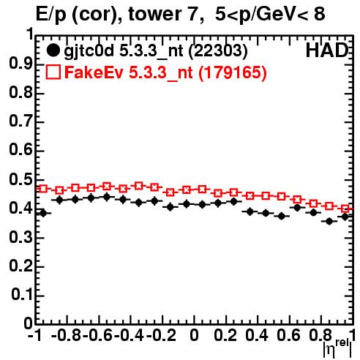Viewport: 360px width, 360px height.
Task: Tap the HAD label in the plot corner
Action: (327, 50)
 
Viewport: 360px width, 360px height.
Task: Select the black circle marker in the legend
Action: (53, 50)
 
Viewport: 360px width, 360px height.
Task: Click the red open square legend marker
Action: (53, 72)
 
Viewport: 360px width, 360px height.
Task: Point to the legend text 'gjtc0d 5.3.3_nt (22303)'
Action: (156, 51)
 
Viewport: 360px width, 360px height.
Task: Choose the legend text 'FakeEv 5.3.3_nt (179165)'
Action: (166, 72)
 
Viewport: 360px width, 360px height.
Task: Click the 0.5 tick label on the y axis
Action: (21, 180)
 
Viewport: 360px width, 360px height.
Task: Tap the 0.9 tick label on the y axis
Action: (21, 64)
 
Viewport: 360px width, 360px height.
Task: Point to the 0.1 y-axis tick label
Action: (22, 295)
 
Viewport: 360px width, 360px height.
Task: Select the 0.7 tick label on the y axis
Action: (21, 121)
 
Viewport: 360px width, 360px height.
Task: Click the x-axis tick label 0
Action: (194, 335)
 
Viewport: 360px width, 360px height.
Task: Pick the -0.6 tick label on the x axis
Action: (97, 335)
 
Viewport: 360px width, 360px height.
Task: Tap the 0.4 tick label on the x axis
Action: (256, 335)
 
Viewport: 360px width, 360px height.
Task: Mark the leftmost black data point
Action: (43, 214)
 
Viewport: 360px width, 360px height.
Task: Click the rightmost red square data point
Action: (345, 209)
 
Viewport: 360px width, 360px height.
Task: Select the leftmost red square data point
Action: (43, 189)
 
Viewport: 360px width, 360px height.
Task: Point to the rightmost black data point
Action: (345, 217)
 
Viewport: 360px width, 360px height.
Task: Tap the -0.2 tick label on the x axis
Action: (161, 335)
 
